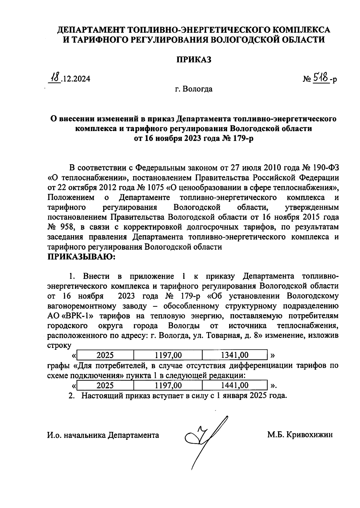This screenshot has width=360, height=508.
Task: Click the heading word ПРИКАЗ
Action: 193,59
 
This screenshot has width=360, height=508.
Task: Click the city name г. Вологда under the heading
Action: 193,89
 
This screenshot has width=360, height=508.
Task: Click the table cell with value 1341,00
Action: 234,355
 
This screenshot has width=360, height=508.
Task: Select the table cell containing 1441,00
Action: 234,385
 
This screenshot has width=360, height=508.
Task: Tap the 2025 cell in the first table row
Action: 105,355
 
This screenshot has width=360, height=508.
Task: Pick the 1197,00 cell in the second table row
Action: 168,385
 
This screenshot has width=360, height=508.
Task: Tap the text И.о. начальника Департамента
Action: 103,435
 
